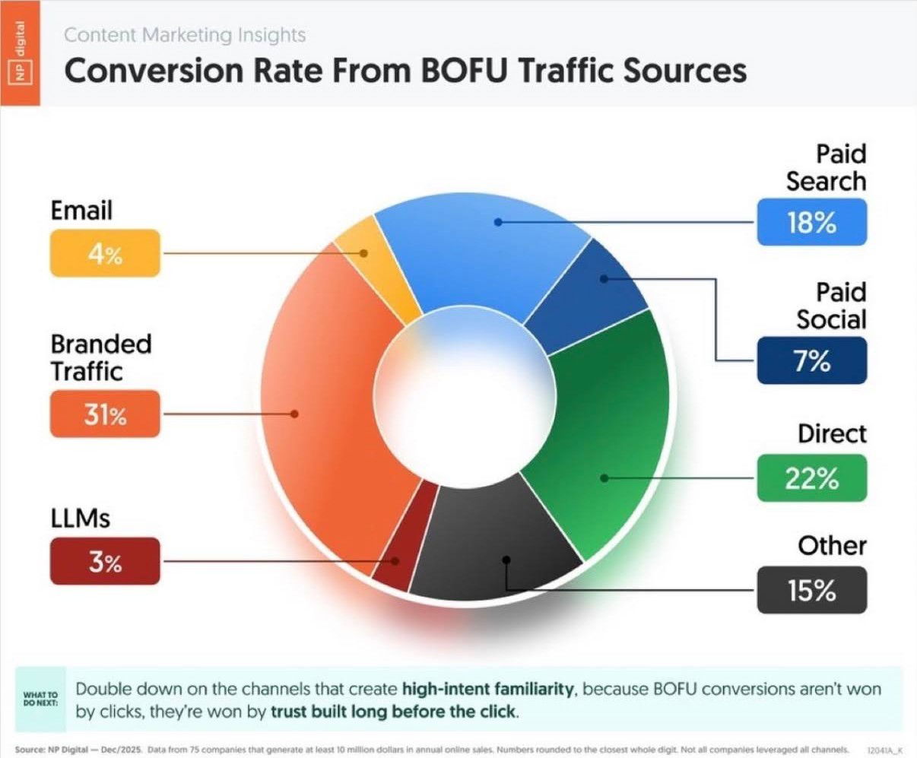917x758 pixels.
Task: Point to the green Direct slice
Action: click(x=608, y=441)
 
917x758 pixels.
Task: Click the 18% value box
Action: click(x=811, y=222)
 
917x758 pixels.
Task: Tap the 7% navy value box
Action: click(x=811, y=360)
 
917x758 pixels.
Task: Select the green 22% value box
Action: click(x=811, y=478)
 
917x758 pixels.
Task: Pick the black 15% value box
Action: click(x=811, y=590)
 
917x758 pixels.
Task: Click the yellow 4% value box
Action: click(x=105, y=253)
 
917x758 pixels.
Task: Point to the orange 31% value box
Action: click(x=105, y=414)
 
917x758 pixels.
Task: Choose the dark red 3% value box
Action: click(x=105, y=562)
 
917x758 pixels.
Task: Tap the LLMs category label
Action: click(x=80, y=519)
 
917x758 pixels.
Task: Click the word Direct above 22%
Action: click(x=832, y=434)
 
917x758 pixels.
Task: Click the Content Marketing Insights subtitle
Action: click(x=185, y=35)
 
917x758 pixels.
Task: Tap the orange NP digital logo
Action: click(x=20, y=53)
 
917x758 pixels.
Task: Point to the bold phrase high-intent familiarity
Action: click(x=487, y=689)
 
